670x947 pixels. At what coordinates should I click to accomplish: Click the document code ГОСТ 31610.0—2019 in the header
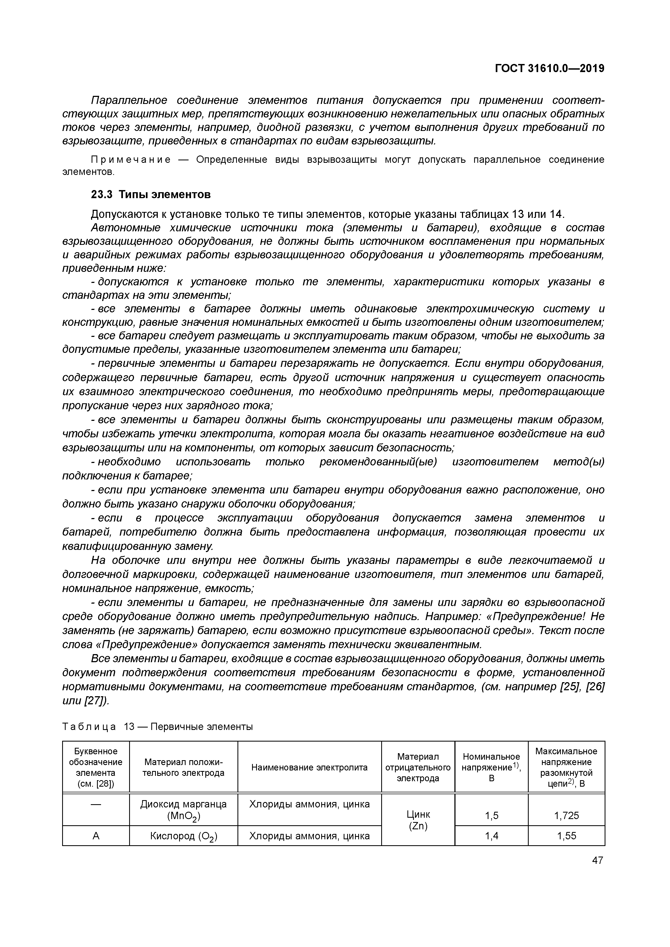(x=549, y=69)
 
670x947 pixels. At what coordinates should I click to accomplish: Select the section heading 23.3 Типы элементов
(x=151, y=194)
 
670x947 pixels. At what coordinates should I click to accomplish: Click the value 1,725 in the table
(x=566, y=816)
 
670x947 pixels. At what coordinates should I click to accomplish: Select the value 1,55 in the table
(x=566, y=836)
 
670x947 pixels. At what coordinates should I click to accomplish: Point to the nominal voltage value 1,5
(x=491, y=816)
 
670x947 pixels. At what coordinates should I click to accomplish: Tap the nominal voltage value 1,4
(x=491, y=836)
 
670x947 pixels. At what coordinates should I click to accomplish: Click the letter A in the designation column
(x=96, y=836)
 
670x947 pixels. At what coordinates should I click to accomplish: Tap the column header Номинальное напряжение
(x=491, y=767)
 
